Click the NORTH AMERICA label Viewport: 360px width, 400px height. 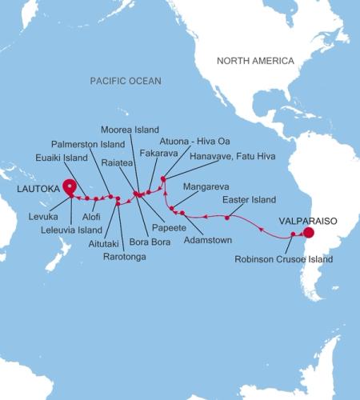257,61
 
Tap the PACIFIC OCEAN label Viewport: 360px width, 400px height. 126,81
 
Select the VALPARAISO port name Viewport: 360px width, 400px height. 307,218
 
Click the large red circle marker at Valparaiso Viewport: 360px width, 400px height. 308,234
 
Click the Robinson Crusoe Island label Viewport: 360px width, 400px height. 283,258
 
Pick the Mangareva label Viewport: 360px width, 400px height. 206,186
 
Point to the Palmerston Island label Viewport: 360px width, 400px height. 94,144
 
